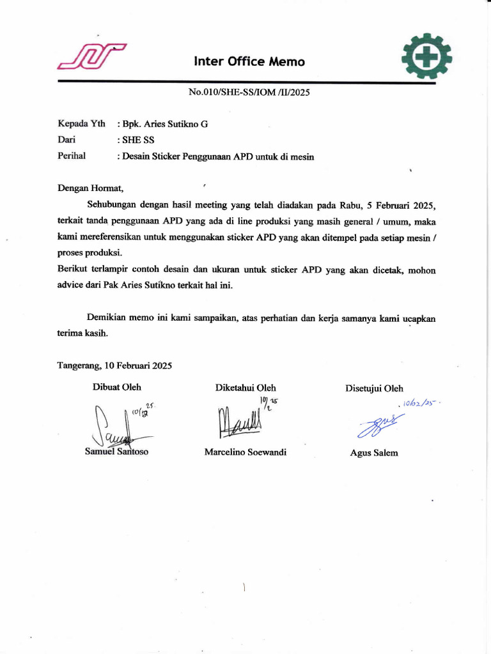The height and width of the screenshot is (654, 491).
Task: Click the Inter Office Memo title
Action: coord(249,62)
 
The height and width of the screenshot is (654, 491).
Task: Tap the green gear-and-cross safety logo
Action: coord(426,57)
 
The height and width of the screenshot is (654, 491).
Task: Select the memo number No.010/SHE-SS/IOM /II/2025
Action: coord(249,93)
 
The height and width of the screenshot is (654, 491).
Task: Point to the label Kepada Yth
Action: coord(81,124)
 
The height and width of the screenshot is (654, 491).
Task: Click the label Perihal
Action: coord(72,155)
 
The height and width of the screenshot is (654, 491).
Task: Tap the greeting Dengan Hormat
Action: coord(90,188)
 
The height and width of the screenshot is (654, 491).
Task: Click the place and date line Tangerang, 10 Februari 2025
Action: coord(114,366)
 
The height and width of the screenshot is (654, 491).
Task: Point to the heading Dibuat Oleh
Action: coord(117,387)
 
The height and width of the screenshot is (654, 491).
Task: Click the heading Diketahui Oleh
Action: coord(245,388)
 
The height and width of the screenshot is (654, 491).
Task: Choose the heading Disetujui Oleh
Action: coord(374,388)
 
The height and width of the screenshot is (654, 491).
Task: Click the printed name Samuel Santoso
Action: coord(117,452)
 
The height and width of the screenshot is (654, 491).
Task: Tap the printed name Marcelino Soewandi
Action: coord(245,452)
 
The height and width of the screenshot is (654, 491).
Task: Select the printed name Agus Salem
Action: coord(374,453)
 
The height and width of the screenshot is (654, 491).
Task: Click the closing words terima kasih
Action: coord(82,333)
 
